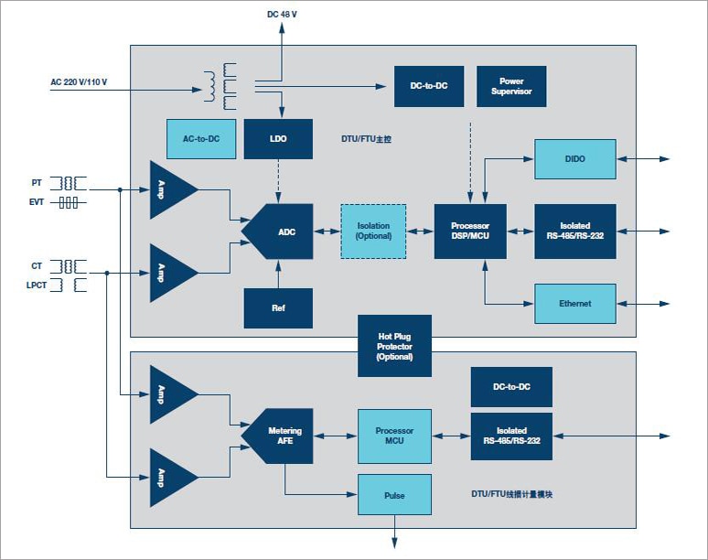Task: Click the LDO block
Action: pyautogui.click(x=278, y=139)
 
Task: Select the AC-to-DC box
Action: pyautogui.click(x=201, y=139)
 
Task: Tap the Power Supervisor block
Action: pyautogui.click(x=511, y=86)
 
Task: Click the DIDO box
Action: pyautogui.click(x=574, y=158)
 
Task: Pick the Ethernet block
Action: pyautogui.click(x=574, y=304)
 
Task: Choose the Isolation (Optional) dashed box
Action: pyautogui.click(x=373, y=232)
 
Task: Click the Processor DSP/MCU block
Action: pyautogui.click(x=470, y=232)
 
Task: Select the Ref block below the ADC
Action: pyautogui.click(x=278, y=308)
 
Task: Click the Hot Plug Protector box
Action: pyautogui.click(x=394, y=345)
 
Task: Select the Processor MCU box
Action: pyautogui.click(x=394, y=436)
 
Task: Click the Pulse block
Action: pyautogui.click(x=394, y=495)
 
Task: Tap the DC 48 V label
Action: pyautogui.click(x=281, y=14)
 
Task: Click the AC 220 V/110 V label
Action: pyautogui.click(x=79, y=82)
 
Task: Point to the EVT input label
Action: pyautogui.click(x=37, y=202)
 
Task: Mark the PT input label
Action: pyautogui.click(x=38, y=183)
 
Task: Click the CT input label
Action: pyautogui.click(x=37, y=266)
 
